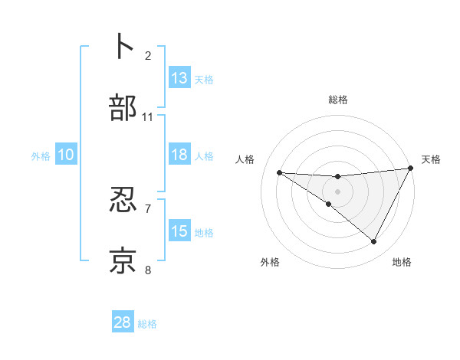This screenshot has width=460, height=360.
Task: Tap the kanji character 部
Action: click(x=123, y=108)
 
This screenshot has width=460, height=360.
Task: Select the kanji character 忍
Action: click(x=123, y=200)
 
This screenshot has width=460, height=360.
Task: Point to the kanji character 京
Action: click(x=123, y=261)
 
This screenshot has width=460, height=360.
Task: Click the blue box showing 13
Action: click(x=179, y=78)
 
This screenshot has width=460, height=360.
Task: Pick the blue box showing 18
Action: click(x=179, y=155)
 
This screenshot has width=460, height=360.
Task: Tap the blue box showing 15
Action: click(x=179, y=231)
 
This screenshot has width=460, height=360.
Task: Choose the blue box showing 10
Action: click(x=66, y=155)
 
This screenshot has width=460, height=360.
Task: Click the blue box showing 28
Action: click(x=123, y=322)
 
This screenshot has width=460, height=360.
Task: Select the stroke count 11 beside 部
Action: click(x=148, y=116)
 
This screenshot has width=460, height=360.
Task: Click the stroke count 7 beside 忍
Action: click(x=148, y=208)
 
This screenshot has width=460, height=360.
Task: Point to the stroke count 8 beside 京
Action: click(x=148, y=270)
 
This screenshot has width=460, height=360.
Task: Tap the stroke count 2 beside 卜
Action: click(x=148, y=55)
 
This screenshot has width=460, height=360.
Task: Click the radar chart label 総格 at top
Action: click(x=337, y=100)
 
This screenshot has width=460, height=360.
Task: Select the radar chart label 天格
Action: click(x=431, y=159)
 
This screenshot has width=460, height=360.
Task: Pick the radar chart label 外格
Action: click(x=270, y=262)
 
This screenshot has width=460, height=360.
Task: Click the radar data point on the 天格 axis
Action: click(x=410, y=168)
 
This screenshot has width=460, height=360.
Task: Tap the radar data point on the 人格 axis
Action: click(x=279, y=172)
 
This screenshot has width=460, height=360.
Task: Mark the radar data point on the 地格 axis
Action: click(x=374, y=241)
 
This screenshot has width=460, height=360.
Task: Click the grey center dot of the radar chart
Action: click(x=337, y=191)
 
